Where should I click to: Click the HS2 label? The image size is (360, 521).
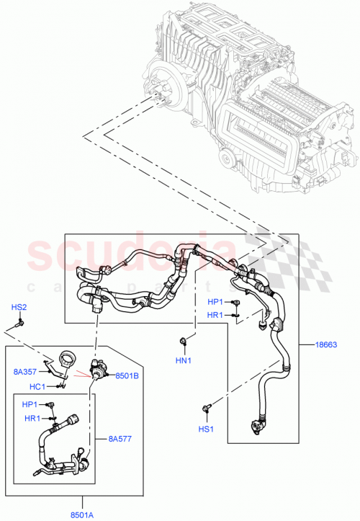tap(19, 308)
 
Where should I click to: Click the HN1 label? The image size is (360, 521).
tap(184, 360)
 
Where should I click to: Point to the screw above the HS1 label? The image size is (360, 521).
tap(208, 409)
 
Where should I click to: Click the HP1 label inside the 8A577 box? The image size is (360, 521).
tap(30, 405)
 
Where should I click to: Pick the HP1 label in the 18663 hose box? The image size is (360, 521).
tap(215, 302)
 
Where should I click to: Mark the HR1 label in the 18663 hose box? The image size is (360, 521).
tap(215, 315)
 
